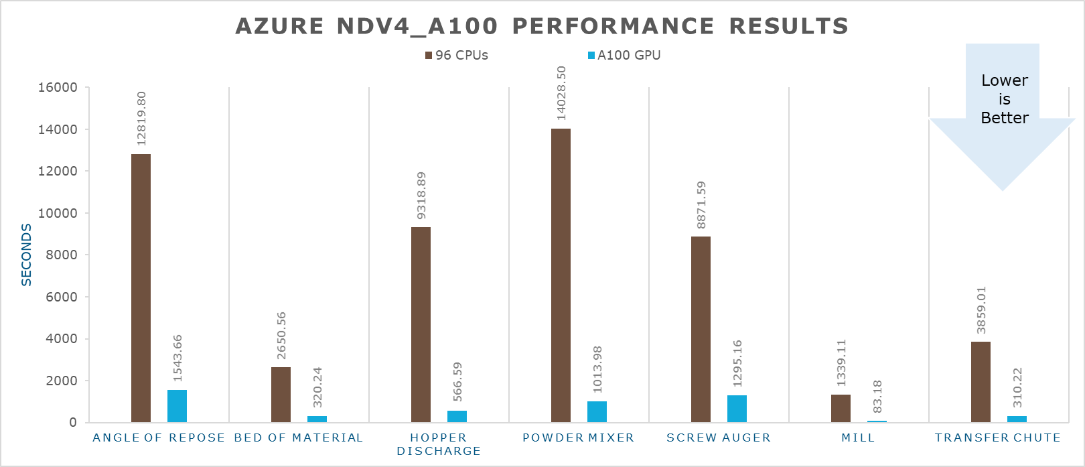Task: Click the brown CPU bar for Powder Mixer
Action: click(x=561, y=275)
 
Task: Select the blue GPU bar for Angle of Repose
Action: click(x=177, y=406)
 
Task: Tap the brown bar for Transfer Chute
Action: click(x=981, y=382)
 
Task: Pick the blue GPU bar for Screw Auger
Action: click(x=737, y=409)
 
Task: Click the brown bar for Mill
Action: click(x=841, y=408)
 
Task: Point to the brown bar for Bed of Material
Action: click(x=281, y=395)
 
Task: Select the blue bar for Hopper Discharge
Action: click(x=457, y=416)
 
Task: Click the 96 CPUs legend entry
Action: click(x=456, y=56)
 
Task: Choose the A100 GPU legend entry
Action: click(x=624, y=56)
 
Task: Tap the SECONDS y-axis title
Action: click(x=27, y=255)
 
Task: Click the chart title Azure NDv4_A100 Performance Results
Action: click(x=542, y=26)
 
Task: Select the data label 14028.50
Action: click(x=561, y=93)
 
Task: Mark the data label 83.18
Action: click(x=877, y=397)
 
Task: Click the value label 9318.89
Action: click(x=421, y=196)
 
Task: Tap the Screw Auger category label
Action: click(x=719, y=438)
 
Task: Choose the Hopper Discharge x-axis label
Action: click(x=439, y=444)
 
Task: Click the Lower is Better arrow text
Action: click(x=1004, y=99)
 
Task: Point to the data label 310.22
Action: click(x=1017, y=387)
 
